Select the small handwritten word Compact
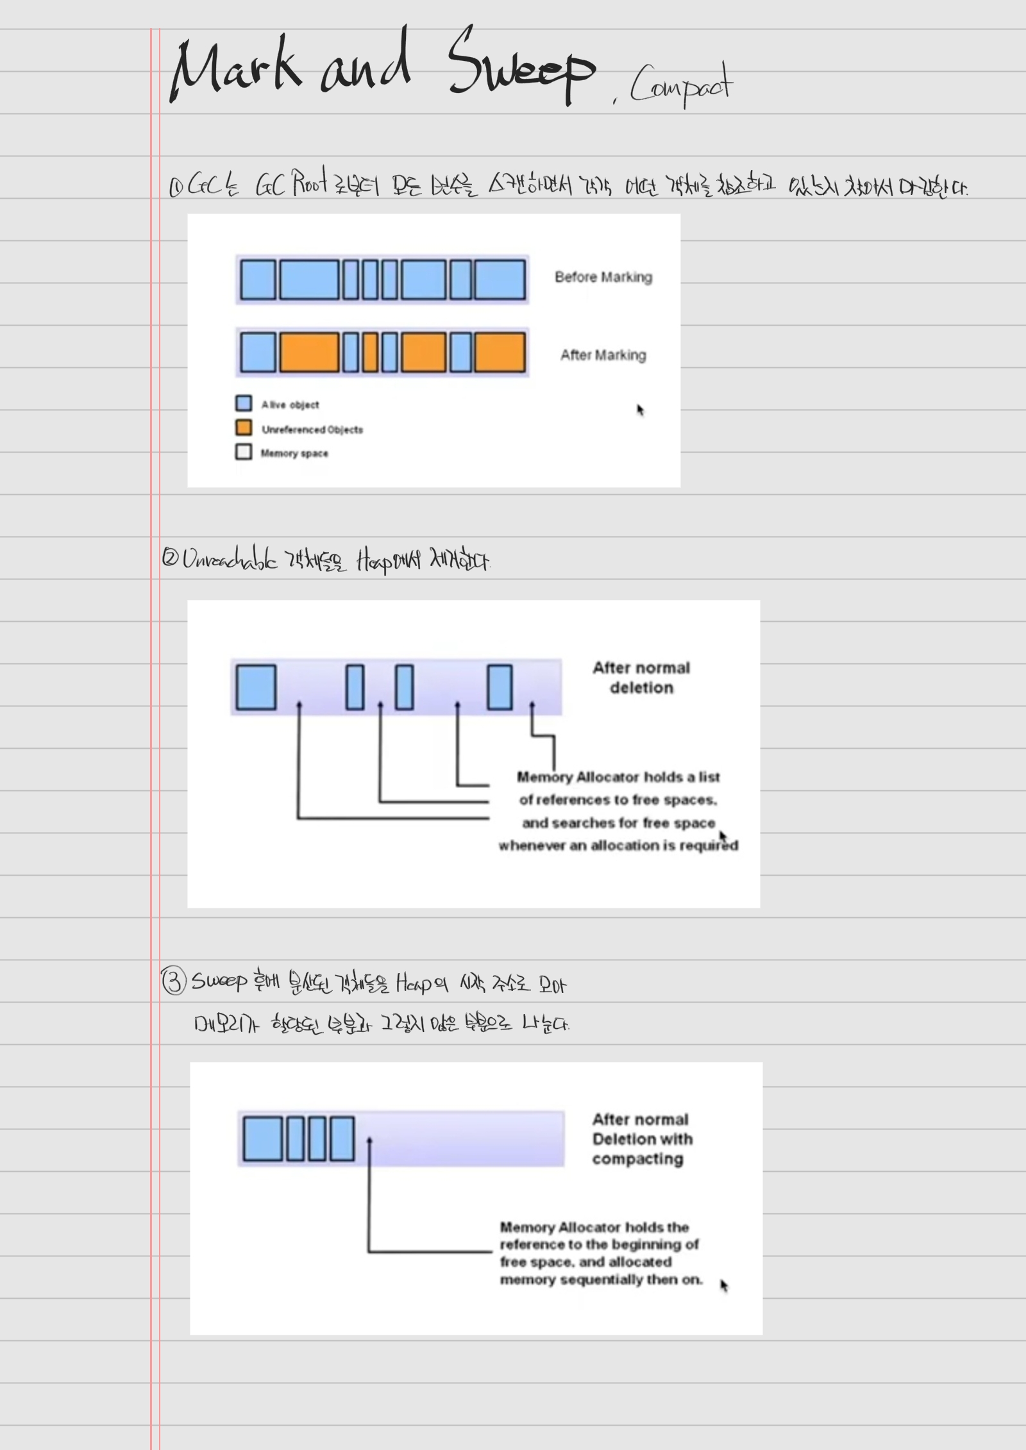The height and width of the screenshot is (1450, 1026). click(680, 87)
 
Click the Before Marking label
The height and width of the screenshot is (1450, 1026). click(603, 277)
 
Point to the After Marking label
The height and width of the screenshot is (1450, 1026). click(603, 355)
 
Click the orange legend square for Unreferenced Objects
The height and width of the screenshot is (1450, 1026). click(244, 428)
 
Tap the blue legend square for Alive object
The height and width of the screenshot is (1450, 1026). click(244, 403)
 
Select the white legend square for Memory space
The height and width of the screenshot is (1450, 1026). click(244, 452)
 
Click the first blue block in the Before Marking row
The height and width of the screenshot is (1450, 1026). click(258, 279)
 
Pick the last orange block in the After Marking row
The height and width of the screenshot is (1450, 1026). click(500, 353)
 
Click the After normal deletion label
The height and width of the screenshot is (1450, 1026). click(641, 678)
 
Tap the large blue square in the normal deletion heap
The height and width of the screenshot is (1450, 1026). click(256, 687)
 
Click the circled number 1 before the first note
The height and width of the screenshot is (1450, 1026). click(176, 187)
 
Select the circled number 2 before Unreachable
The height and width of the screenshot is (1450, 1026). click(170, 557)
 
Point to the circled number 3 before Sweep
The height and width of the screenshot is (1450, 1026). click(174, 981)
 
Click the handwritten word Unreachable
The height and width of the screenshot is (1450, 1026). click(230, 560)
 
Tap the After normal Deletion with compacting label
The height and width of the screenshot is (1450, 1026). click(641, 1139)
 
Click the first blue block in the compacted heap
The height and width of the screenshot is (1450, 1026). click(262, 1138)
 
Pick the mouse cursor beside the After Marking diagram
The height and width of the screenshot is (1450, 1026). click(640, 410)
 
